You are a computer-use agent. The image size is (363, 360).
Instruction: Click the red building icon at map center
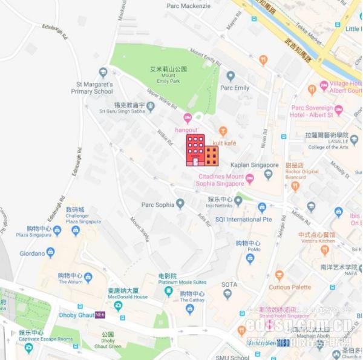(x=201, y=150)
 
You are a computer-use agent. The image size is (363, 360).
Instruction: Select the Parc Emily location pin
(x=231, y=76)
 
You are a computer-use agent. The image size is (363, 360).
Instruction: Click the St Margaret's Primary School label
(x=91, y=88)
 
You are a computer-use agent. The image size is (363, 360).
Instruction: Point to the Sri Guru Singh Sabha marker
(x=151, y=106)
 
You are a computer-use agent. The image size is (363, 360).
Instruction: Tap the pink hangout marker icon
(x=188, y=118)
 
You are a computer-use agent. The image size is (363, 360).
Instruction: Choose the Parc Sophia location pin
(x=180, y=204)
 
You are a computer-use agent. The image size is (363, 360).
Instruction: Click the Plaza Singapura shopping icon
(x=57, y=231)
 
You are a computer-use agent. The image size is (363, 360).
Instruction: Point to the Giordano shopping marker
(x=50, y=252)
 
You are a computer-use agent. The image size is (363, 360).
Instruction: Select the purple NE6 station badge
(x=100, y=315)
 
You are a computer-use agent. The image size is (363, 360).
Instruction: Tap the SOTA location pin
(x=227, y=294)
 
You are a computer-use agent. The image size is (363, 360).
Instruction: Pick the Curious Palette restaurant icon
(x=279, y=276)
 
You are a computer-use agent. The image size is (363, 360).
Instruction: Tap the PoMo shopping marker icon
(x=250, y=259)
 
